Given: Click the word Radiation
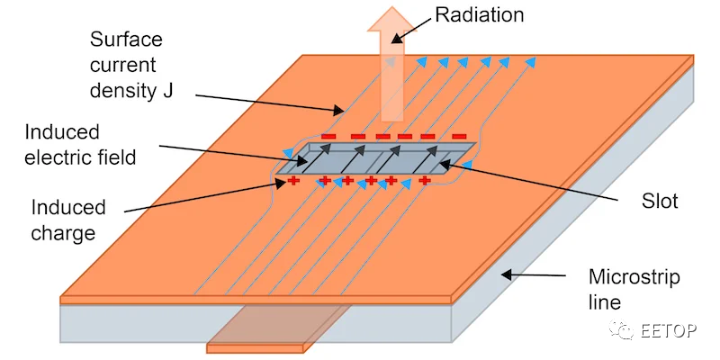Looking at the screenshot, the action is point(480,14).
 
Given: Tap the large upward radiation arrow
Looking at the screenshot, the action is point(391,64).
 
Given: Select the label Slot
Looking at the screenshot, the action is point(660,201).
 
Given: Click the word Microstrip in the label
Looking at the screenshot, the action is point(634,277).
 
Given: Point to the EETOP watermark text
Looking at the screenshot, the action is point(669,330).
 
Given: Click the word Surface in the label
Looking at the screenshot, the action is point(126,39).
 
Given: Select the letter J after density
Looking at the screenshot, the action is point(167,91).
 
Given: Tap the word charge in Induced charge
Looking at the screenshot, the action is point(63,233).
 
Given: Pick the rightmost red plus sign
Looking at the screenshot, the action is point(425,180).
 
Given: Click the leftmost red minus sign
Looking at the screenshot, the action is point(328,137).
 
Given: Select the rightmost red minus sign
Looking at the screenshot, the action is point(459,137).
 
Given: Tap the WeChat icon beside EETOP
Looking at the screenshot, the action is point(623,329).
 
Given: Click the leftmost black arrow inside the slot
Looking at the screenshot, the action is point(317,158).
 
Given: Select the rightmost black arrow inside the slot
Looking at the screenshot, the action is point(425,159).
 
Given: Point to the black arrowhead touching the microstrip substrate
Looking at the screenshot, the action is point(507,274).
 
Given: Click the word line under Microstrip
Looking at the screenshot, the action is point(605,302).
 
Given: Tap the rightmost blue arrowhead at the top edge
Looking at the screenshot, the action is point(530,61).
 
